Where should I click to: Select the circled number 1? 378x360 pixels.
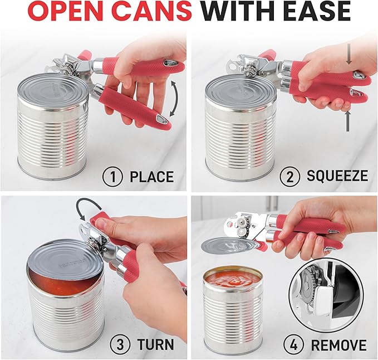(x=113, y=176)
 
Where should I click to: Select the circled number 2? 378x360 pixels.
(x=290, y=176)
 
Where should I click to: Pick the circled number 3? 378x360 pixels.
(x=120, y=344)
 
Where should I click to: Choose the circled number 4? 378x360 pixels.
(x=293, y=344)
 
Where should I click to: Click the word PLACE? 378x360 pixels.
(x=152, y=177)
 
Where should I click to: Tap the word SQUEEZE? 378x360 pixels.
(x=337, y=176)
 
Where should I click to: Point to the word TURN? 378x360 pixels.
(x=155, y=344)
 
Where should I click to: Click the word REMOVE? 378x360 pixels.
(x=338, y=344)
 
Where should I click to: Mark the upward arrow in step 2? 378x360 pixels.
(x=347, y=120)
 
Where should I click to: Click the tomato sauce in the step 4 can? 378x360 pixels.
(x=233, y=279)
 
